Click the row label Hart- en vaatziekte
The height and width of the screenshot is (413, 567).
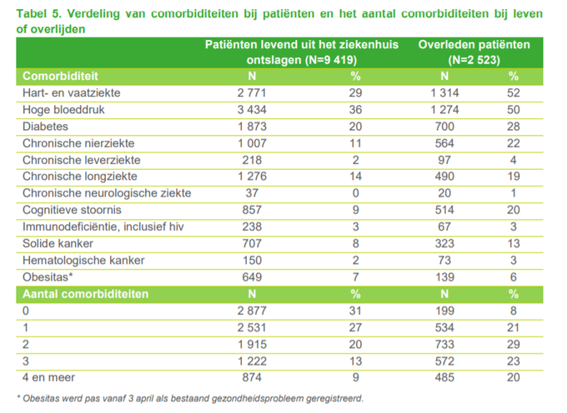coord(70,92)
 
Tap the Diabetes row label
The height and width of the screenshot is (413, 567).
coord(47,126)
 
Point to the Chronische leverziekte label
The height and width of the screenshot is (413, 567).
coord(82,160)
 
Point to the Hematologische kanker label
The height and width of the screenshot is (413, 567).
coord(83,261)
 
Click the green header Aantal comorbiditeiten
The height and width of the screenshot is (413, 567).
coord(86,294)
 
